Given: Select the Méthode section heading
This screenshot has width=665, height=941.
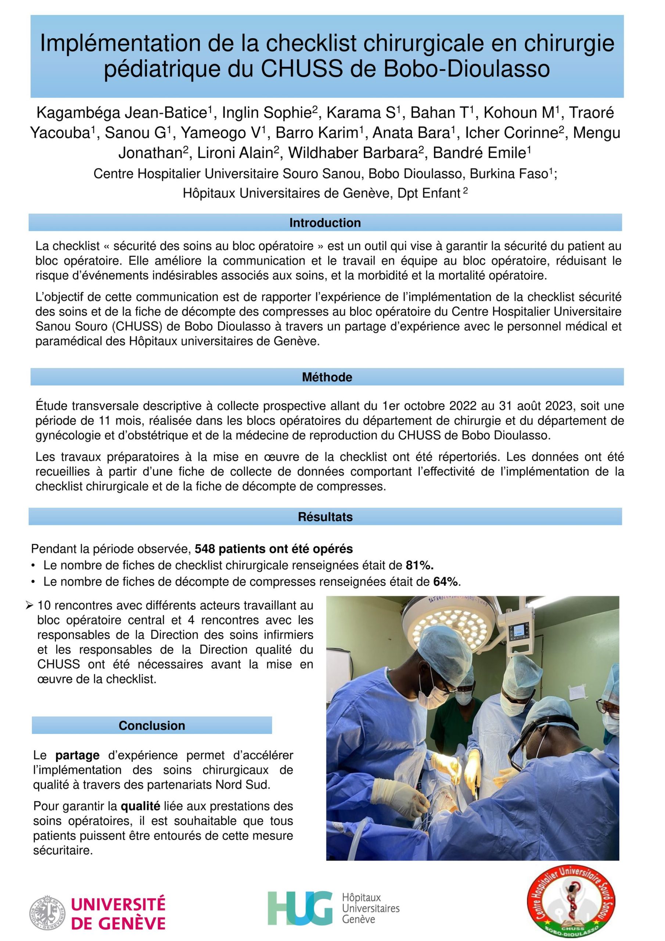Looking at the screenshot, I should pyautogui.click(x=327, y=377).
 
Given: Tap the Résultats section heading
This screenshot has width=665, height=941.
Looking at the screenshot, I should pyautogui.click(x=325, y=516).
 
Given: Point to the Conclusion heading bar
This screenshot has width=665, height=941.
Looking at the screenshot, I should pyautogui.click(x=152, y=726).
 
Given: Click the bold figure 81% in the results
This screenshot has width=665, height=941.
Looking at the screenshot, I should pyautogui.click(x=419, y=565).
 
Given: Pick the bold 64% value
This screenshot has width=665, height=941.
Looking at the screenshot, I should pyautogui.click(x=446, y=582).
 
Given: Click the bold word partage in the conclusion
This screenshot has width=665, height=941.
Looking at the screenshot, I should pyautogui.click(x=78, y=755).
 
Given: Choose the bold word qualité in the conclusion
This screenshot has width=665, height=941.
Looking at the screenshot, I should pyautogui.click(x=140, y=806).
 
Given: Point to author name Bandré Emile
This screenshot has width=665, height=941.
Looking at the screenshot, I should pyautogui.click(x=480, y=153).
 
